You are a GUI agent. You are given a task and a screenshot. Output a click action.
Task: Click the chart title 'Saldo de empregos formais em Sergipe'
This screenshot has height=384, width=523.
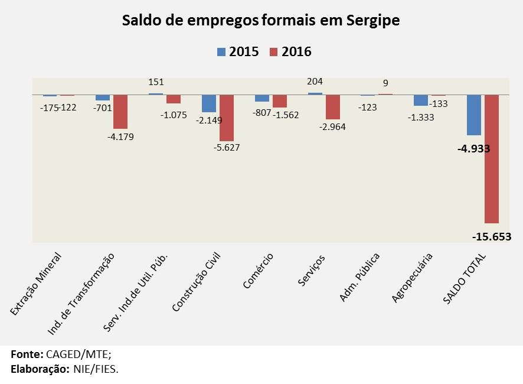click(x=261, y=21)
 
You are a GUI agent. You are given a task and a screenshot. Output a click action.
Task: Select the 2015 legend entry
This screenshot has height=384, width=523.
click(x=238, y=51)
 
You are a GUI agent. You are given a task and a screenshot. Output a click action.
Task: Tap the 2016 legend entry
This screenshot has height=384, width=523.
click(x=290, y=51)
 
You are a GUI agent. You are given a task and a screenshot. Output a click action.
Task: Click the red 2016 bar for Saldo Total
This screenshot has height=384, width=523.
click(x=492, y=159)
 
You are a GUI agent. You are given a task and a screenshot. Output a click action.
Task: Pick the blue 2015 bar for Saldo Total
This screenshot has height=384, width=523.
click(x=473, y=115)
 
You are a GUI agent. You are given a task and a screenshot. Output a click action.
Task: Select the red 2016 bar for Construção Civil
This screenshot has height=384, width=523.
click(x=227, y=118)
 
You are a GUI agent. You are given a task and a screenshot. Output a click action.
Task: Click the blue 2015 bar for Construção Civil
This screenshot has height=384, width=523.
click(x=209, y=103)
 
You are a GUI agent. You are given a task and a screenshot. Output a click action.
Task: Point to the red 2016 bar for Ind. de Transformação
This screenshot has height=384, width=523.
click(x=120, y=112)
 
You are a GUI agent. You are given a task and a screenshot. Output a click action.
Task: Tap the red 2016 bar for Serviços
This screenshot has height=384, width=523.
click(x=333, y=107)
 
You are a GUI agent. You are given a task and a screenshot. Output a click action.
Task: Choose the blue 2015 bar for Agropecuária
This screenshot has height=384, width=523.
click(x=421, y=100)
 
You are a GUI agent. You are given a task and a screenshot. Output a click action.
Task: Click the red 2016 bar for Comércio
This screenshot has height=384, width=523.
click(x=280, y=101)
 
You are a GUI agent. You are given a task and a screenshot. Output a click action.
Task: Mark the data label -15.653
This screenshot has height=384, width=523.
click(x=491, y=237)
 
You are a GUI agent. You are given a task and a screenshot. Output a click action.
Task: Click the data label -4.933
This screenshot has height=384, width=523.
click(x=473, y=148)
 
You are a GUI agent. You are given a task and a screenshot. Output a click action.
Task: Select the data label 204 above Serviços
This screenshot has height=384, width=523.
click(x=315, y=82)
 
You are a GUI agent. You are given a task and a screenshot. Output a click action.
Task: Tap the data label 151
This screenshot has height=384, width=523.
click(x=156, y=83)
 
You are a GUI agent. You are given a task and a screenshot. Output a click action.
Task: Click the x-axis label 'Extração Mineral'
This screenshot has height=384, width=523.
click(x=37, y=284)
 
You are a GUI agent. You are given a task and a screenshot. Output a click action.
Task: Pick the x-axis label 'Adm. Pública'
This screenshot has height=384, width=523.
click(x=359, y=277)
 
